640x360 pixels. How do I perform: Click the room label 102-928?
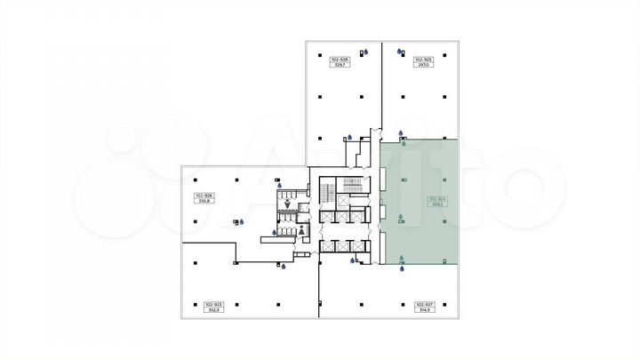click(x=338, y=59)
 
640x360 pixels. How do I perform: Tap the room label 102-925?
click(x=423, y=59)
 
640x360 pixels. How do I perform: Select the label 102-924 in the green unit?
click(x=437, y=198)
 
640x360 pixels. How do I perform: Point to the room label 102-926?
click(x=204, y=195)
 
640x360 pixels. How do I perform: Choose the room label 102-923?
click(x=213, y=304)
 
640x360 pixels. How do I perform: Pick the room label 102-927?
click(x=422, y=304)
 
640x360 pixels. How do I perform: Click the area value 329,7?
click(x=338, y=65)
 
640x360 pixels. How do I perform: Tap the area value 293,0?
click(x=423, y=65)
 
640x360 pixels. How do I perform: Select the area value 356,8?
click(x=204, y=201)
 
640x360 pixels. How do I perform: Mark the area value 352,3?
click(x=213, y=310)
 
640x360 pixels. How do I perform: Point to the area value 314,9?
click(x=422, y=310)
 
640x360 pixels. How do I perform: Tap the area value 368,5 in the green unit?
click(x=437, y=204)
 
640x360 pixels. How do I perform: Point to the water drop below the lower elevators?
click(x=353, y=260)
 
